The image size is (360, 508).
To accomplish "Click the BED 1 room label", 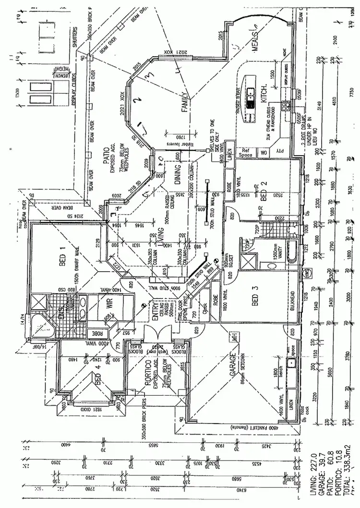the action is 62,256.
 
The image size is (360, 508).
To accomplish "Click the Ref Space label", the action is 246,153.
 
